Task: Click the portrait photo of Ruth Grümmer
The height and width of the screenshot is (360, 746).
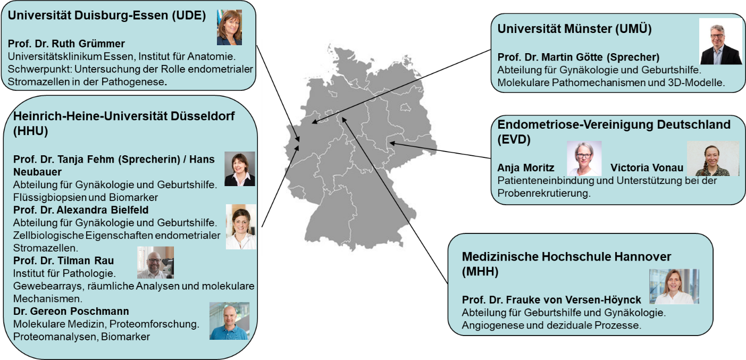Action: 229,27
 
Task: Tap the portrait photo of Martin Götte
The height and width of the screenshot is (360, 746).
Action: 720,41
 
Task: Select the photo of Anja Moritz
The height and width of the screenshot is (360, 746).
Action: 584,158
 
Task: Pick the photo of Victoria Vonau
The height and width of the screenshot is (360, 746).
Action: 713,158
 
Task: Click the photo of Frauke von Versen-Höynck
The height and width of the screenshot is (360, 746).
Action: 674,286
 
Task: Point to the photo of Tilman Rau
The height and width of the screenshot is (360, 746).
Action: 155,263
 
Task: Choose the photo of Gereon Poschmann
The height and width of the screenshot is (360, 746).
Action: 229,321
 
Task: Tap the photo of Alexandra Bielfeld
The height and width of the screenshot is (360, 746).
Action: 241,227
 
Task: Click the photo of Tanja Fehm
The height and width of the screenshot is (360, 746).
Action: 240,169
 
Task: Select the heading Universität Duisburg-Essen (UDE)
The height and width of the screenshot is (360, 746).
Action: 106,15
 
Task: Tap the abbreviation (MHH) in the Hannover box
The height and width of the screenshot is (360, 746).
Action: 480,272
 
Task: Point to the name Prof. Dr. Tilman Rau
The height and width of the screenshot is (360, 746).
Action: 63,261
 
